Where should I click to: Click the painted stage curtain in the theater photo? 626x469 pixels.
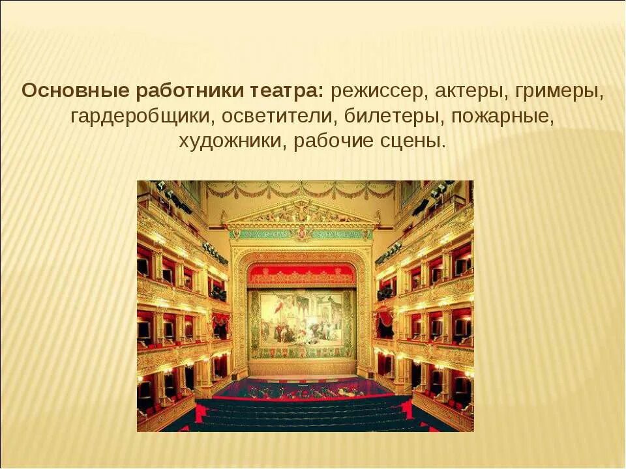tap(302, 323)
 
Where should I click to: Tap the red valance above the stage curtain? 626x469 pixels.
tap(302, 274)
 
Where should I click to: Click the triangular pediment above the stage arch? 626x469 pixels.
tap(301, 212)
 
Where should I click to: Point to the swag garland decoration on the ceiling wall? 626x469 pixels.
tap(301, 190)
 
